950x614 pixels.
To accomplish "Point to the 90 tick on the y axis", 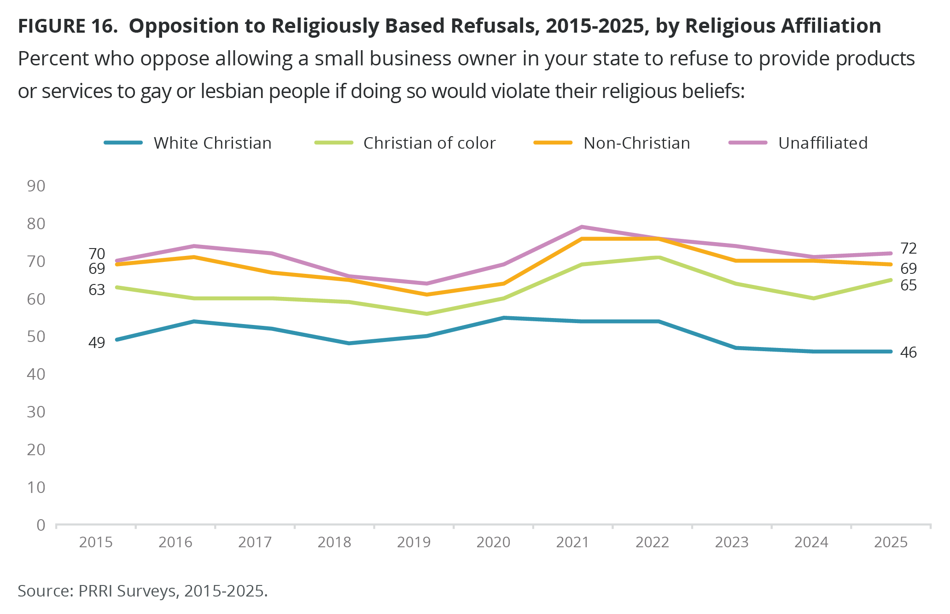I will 36,186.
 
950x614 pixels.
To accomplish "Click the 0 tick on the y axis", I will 41,525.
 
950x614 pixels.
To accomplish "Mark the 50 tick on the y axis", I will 36,336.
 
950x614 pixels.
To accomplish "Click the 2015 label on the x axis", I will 96,542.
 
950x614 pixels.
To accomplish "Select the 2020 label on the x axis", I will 493,542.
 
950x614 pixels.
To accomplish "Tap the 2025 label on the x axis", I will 891,542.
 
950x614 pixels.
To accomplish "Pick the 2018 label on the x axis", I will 334,542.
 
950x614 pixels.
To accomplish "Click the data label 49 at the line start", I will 97,342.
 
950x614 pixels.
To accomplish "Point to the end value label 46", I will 909,353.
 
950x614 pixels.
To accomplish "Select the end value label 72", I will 909,249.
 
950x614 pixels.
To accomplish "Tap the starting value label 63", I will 97,290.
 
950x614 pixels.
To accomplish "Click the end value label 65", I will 909,286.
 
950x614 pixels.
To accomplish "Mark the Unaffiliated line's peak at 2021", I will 582,227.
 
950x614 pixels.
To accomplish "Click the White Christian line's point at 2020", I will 504,318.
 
